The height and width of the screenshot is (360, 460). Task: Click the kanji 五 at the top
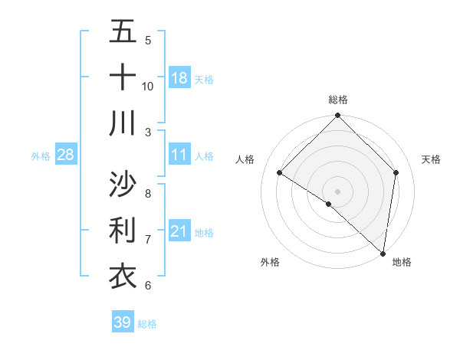click(123, 32)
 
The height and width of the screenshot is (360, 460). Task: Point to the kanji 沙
click(123, 185)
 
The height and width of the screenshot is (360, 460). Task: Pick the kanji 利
click(123, 230)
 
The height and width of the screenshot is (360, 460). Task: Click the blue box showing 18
click(179, 78)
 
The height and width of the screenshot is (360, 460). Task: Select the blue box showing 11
click(179, 155)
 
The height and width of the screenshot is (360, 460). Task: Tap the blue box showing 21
click(179, 231)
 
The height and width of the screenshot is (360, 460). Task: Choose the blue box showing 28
click(65, 155)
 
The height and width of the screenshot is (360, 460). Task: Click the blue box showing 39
click(122, 322)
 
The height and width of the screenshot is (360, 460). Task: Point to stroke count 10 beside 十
click(148, 86)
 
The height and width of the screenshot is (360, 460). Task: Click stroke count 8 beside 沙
click(148, 193)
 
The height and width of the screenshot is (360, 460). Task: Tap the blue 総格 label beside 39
click(147, 324)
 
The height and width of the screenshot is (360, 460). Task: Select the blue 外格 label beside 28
click(41, 156)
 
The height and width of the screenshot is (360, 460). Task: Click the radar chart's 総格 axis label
click(338, 100)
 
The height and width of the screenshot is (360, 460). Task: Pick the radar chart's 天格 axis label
click(431, 159)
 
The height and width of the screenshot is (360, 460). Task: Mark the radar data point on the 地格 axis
click(383, 253)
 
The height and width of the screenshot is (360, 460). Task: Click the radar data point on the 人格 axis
click(280, 173)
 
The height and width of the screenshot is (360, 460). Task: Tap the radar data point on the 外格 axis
click(329, 204)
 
